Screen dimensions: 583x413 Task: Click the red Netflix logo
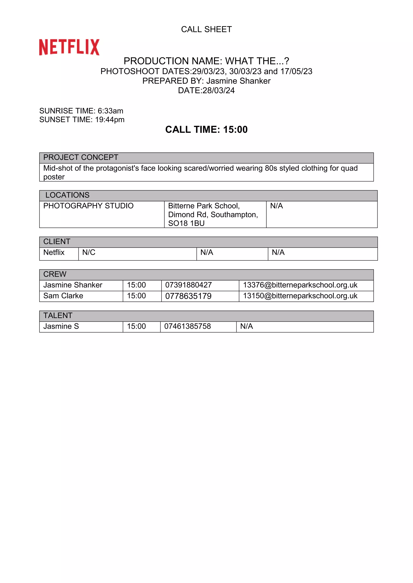69,47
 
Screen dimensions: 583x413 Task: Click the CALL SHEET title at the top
206,29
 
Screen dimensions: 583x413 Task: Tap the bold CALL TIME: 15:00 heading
206,129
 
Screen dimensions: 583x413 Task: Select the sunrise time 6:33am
110,111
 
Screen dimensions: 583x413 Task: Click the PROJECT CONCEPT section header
81,157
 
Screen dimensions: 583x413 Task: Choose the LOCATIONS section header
67,195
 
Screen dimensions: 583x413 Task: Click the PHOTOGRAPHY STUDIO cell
88,206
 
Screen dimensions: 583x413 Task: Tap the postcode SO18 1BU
186,223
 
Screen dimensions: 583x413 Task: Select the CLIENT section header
57,242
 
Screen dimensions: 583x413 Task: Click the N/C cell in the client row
89,252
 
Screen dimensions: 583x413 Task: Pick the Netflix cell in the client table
54,252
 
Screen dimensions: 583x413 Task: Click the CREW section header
55,274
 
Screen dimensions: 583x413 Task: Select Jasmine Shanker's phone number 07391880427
188,285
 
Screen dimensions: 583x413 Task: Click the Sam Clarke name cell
63,296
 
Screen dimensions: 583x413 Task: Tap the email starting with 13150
300,296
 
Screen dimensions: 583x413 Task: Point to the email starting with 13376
300,285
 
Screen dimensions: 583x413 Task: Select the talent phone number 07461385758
187,326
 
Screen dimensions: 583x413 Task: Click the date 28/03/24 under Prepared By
218,90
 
